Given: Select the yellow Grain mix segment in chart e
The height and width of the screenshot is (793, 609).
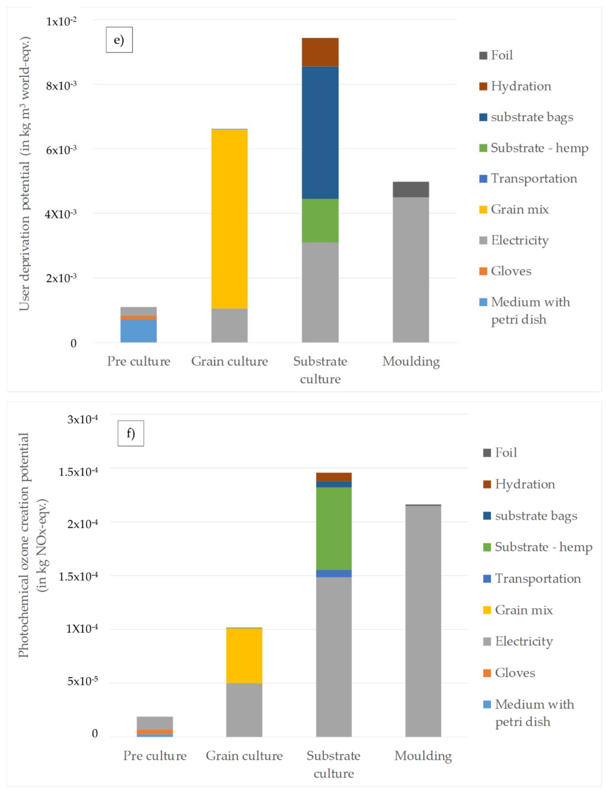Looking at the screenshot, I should coord(229,219).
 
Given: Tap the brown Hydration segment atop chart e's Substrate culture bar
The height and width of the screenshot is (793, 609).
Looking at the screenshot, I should coord(320,52).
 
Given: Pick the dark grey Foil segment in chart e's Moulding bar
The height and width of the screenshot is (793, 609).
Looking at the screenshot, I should coord(411,189).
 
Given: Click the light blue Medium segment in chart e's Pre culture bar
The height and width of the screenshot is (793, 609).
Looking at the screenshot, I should coord(139,331).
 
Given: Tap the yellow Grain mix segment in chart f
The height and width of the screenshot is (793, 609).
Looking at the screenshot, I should coord(244,655).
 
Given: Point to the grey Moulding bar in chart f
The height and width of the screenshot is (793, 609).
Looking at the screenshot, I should coord(423,621).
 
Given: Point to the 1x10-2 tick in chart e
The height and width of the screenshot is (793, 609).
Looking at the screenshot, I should coord(61,21).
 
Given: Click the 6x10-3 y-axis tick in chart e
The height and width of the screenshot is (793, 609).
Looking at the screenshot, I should coord(61,150).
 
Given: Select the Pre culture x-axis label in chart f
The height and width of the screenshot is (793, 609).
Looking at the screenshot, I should coord(155,756).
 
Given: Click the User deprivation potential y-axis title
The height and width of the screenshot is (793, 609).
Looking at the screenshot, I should coord(25,174).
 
